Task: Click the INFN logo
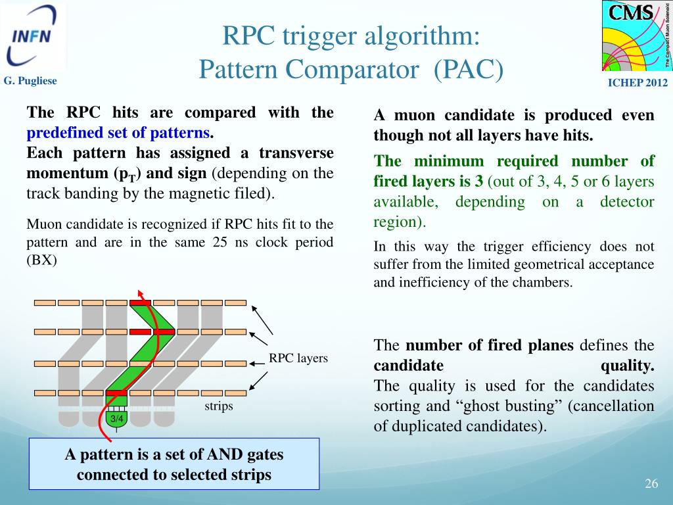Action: [x=33, y=37]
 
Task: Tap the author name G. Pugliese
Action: [x=31, y=81]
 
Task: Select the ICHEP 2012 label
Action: [x=637, y=82]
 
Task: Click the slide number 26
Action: [x=651, y=484]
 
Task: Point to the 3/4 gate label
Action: [x=117, y=419]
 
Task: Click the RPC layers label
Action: [x=298, y=358]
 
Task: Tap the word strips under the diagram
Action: [x=218, y=406]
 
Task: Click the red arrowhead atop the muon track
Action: [x=140, y=293]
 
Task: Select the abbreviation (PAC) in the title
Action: [x=468, y=68]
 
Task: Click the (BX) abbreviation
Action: [x=42, y=259]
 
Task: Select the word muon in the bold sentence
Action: [x=415, y=116]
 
